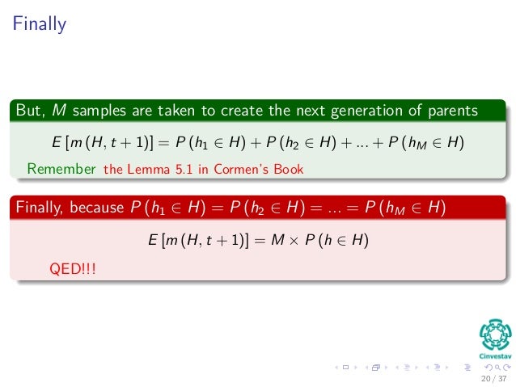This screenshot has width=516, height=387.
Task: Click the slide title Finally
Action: coord(39,25)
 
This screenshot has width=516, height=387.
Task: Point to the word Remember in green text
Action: coord(61,169)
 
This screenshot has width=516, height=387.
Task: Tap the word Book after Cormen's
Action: coord(289,169)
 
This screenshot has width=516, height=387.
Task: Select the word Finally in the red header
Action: coord(40,208)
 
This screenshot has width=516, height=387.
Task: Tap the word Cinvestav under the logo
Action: coord(495,356)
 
